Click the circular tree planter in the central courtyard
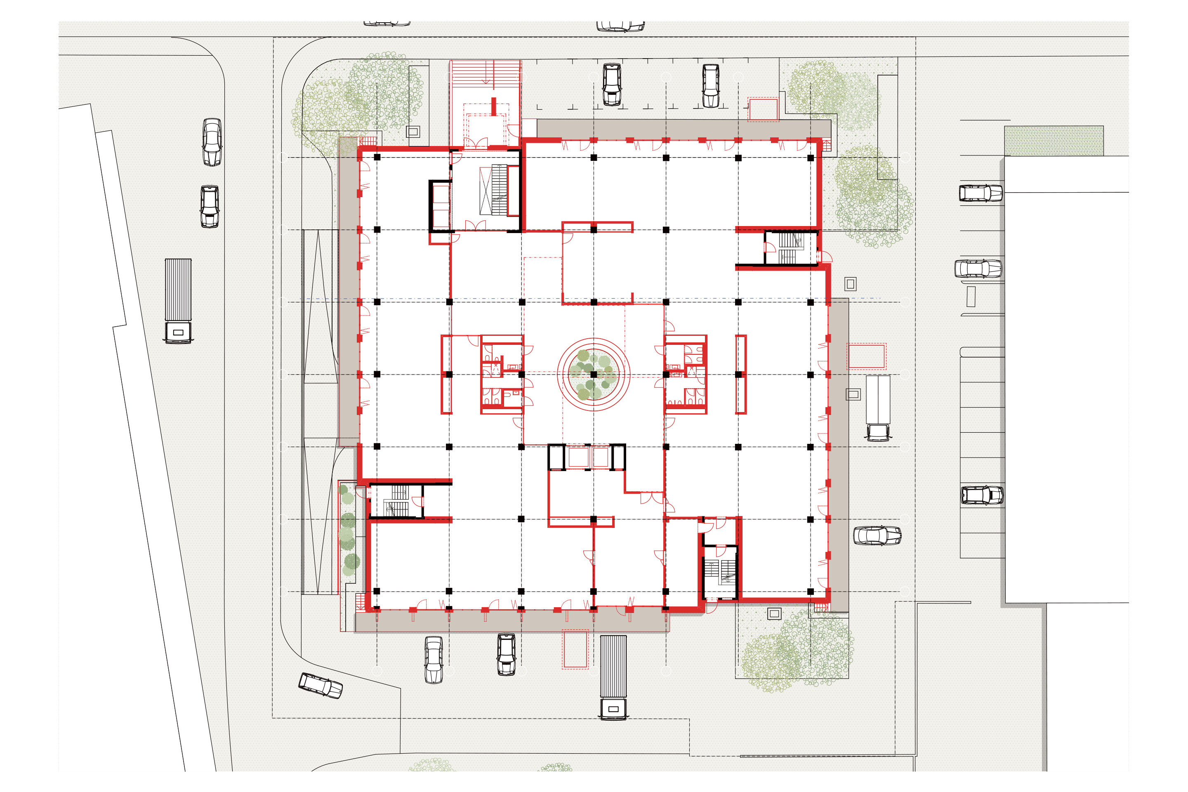pos(594,374)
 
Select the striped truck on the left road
pos(178,301)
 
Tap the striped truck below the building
pos(613,677)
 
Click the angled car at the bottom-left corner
pos(320,686)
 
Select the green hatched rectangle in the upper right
pos(1054,140)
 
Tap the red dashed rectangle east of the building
pos(866,356)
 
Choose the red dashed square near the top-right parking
pos(763,109)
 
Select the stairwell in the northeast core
pos(789,247)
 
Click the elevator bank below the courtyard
pos(587,457)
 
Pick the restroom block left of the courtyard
pos(502,374)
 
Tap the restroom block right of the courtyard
pos(686,374)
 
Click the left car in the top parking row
pos(612,84)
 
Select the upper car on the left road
pos(212,142)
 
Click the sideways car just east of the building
pos(877,535)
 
